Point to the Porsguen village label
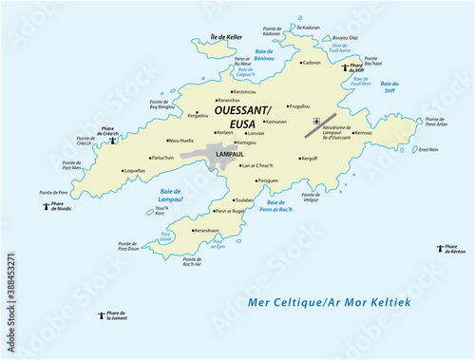pyautogui.click(x=270, y=180)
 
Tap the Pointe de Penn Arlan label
pyautogui.click(x=436, y=123)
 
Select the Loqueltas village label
pyautogui.click(x=135, y=171)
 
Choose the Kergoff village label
pyautogui.click(x=308, y=159)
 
